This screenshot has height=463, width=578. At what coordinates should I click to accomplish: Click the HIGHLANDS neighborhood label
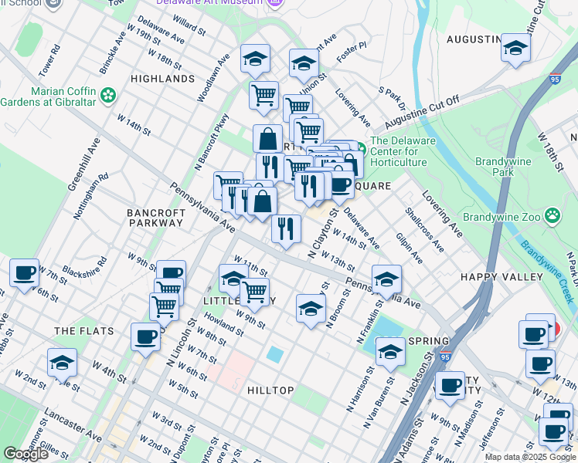[x=162, y=79]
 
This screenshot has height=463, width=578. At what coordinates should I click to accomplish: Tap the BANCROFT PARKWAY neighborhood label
[x=155, y=218]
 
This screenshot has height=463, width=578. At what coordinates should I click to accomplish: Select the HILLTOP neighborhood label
[x=270, y=390]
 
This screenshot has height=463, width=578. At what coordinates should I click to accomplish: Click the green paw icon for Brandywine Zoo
[x=552, y=216]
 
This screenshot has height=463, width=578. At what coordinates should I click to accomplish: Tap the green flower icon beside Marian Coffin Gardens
[x=108, y=95]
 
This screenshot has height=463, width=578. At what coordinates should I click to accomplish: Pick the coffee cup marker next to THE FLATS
[x=145, y=336]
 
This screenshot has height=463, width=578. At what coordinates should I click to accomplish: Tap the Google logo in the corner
[x=25, y=454]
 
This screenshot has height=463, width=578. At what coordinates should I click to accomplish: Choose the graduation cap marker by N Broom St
[x=310, y=309]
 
